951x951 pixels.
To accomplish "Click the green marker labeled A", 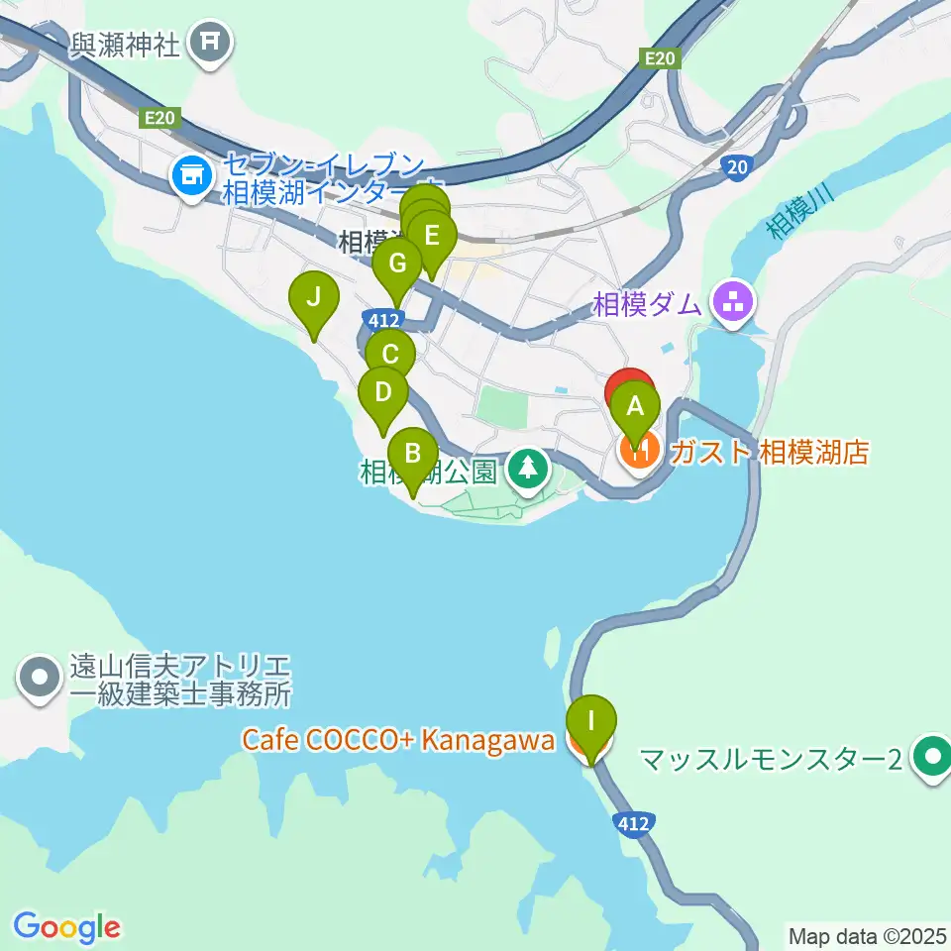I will point(635,406).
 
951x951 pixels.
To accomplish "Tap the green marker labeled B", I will point(413,456).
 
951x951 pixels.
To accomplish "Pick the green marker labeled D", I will point(383,394).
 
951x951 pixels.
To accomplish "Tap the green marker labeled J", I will point(314,298).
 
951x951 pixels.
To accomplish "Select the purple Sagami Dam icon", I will point(733,303).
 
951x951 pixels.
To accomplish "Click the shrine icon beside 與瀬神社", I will point(210,43).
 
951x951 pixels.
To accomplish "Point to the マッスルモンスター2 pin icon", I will point(931,759).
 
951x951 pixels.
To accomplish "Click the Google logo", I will point(66,927).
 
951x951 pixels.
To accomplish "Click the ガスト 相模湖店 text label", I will point(770,453).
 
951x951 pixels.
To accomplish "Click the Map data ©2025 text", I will point(868,934).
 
